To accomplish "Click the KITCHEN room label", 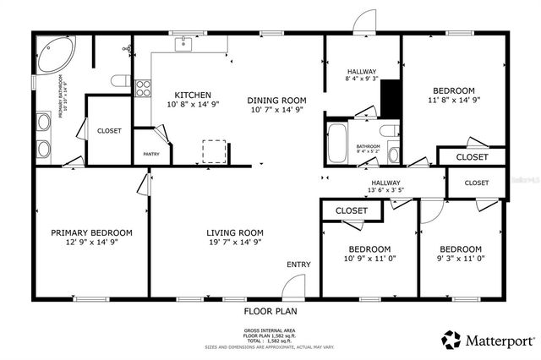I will (187, 95).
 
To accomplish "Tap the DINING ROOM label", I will (276, 101).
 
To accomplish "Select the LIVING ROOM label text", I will (235, 232).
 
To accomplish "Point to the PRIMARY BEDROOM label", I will (91, 232).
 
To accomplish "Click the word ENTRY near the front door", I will (298, 265).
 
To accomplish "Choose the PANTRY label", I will (151, 154).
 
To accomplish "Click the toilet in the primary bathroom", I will (120, 82).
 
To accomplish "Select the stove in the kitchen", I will (142, 86).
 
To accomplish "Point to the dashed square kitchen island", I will (213, 150).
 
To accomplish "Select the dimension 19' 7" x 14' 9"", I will (235, 243).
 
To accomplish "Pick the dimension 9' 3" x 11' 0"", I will (460, 259).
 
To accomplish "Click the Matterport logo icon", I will (451, 340).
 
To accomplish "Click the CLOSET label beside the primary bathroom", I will (109, 131).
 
